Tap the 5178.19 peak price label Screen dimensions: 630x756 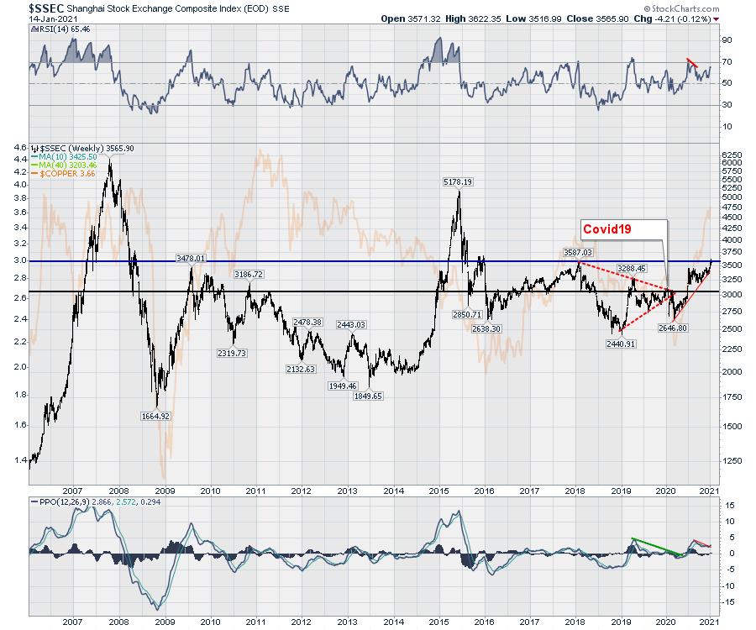(x=459, y=181)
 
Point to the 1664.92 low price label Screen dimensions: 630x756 (x=155, y=416)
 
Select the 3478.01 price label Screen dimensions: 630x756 (x=192, y=259)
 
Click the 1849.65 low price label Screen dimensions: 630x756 (x=366, y=396)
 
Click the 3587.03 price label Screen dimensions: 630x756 (x=576, y=252)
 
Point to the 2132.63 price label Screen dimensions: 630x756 (x=300, y=370)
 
